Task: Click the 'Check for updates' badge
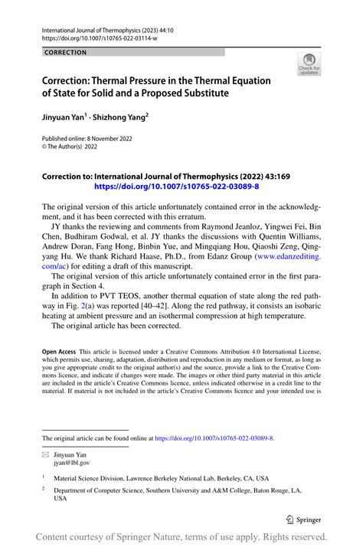310,63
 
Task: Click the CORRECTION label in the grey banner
66,53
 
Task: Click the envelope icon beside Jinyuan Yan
46,455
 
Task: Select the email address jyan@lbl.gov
72,464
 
